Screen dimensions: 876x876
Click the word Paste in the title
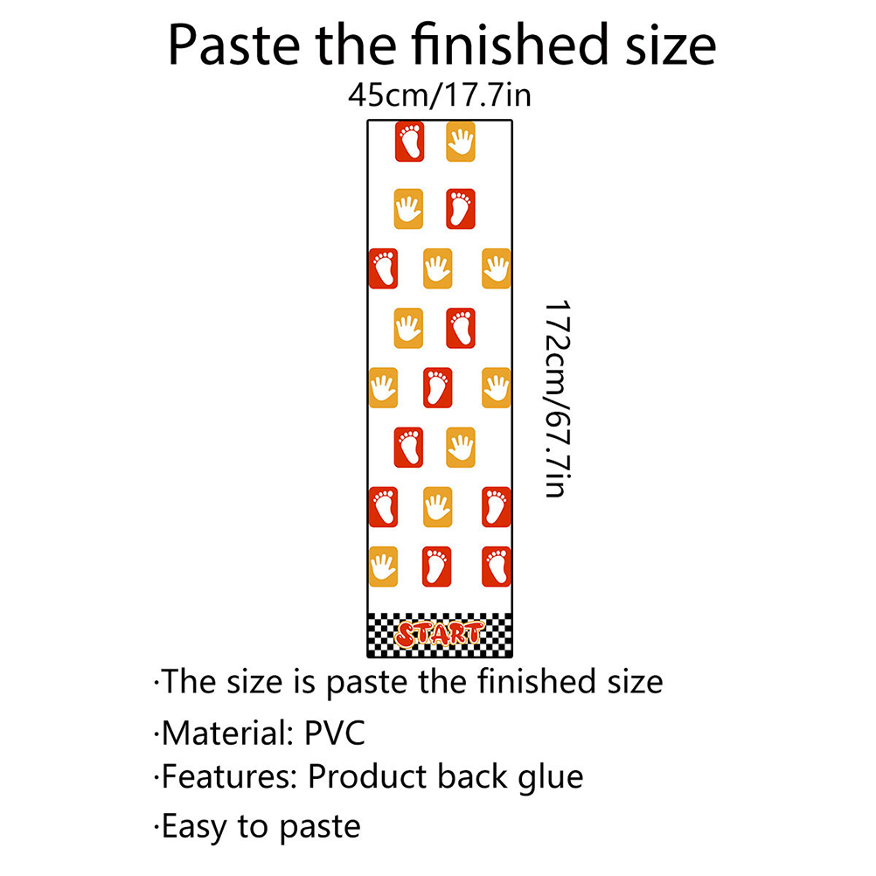click(x=234, y=45)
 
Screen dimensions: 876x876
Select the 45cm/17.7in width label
click(x=440, y=95)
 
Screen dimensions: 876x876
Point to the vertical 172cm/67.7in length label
click(x=558, y=399)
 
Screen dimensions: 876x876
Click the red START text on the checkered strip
click(x=439, y=635)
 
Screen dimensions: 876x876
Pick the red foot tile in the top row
click(x=409, y=142)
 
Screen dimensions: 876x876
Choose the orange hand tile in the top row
click(x=461, y=142)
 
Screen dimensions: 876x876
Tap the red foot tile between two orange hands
click(x=437, y=387)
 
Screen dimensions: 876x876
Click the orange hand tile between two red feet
click(x=437, y=507)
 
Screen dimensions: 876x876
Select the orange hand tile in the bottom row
click(x=383, y=567)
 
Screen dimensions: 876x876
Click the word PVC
click(x=334, y=733)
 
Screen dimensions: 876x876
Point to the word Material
click(x=227, y=733)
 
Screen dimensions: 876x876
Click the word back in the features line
click(x=472, y=776)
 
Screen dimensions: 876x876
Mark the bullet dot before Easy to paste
click(x=156, y=826)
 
